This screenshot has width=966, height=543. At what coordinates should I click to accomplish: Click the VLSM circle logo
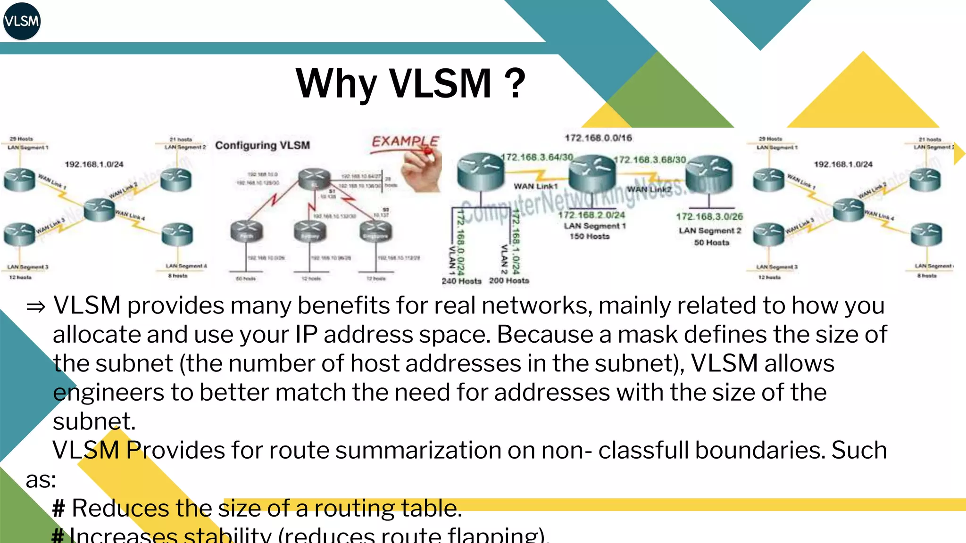coord(22,21)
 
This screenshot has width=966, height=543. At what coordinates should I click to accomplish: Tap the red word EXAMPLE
coord(405,141)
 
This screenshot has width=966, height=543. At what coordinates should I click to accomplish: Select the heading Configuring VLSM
coord(262,145)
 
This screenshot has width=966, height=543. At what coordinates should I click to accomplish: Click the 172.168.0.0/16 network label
coord(598,138)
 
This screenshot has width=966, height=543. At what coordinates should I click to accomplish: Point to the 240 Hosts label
coord(461,281)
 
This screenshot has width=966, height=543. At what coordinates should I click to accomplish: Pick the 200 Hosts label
coord(509,280)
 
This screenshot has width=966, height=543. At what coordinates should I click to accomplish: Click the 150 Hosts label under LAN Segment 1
coord(590,236)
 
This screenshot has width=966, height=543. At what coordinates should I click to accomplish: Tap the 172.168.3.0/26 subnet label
coord(709,216)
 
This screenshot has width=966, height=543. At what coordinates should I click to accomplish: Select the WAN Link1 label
coord(535,186)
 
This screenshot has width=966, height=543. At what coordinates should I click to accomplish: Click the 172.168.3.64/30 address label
coord(537,157)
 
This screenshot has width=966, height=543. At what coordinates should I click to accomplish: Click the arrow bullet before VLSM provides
coord(36,307)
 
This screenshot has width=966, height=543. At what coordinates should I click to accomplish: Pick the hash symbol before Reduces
coord(58,509)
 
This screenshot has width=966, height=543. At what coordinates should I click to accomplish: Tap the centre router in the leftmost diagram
coord(99,209)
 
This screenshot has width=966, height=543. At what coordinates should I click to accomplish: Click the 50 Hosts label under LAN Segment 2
coord(711,242)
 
